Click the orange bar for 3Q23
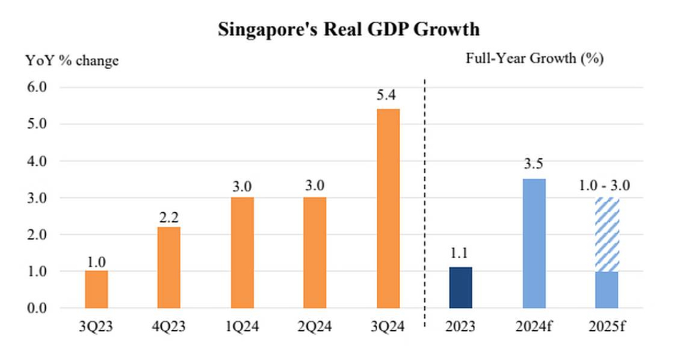click(x=96, y=289)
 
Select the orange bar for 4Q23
click(x=169, y=267)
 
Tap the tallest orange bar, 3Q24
click(x=388, y=209)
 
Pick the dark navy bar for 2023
click(x=461, y=287)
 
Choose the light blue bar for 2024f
click(x=534, y=243)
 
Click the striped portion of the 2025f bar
click(x=607, y=234)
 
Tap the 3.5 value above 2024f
click(x=534, y=165)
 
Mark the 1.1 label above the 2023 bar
click(x=461, y=253)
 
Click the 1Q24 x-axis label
click(x=242, y=328)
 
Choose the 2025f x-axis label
click(x=607, y=328)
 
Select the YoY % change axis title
click(x=71, y=61)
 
